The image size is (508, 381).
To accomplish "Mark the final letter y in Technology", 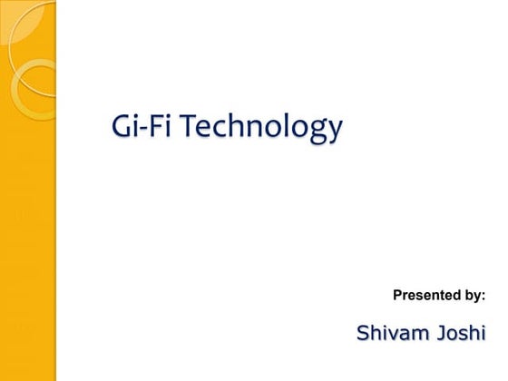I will click(x=335, y=133).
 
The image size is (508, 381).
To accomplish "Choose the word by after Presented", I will click(x=473, y=297).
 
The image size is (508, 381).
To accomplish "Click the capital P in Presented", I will click(x=397, y=296).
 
